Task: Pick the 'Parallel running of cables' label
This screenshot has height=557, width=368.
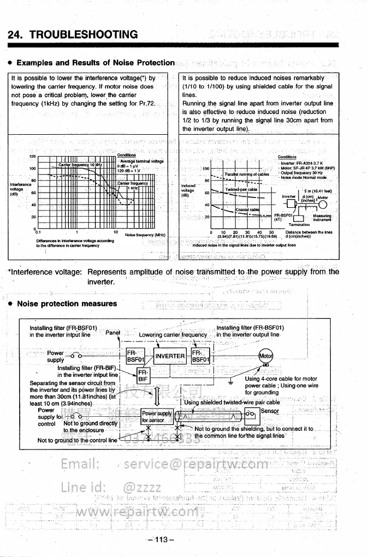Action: point(247,174)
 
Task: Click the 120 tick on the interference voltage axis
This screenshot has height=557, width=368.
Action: point(32,157)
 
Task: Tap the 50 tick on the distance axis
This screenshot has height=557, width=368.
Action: point(271,232)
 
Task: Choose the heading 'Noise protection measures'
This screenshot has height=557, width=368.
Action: point(67,304)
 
